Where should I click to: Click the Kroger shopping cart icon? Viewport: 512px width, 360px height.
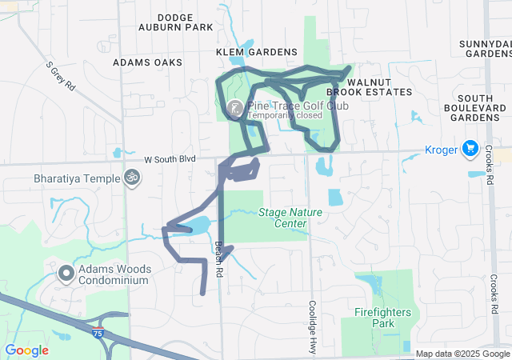point(470,150)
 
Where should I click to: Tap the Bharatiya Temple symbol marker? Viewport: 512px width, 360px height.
point(131,178)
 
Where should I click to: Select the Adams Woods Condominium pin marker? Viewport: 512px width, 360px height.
point(65,274)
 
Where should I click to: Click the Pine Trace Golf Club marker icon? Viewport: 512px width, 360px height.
point(236,108)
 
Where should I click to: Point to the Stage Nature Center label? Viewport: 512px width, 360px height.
point(282,218)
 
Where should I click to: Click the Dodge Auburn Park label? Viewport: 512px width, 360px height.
point(185,22)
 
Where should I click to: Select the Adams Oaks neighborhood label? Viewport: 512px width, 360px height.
point(147,62)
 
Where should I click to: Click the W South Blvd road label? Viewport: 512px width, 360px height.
point(170,160)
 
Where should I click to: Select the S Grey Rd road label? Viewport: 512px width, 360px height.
point(60,74)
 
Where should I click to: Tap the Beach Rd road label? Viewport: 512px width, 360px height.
point(218,259)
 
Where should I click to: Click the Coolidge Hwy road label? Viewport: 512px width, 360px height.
point(313,327)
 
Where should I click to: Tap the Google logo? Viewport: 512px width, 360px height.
point(26,350)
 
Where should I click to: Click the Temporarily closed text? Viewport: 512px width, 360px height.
point(285,115)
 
